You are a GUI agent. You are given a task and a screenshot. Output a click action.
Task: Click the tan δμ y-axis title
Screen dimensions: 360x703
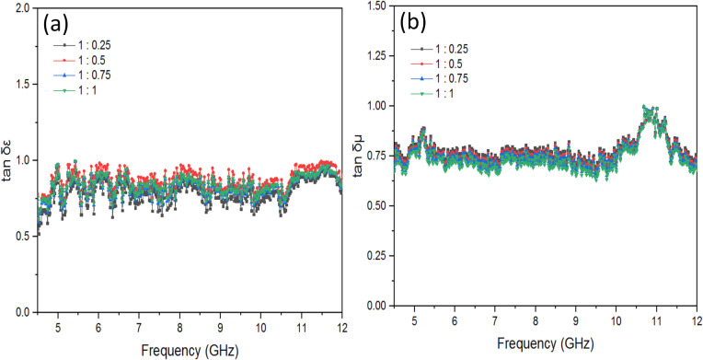tap(354, 159)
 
